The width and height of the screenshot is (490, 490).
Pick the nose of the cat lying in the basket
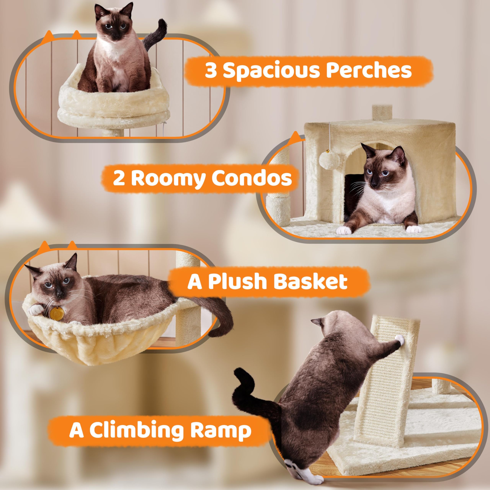(59, 295)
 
